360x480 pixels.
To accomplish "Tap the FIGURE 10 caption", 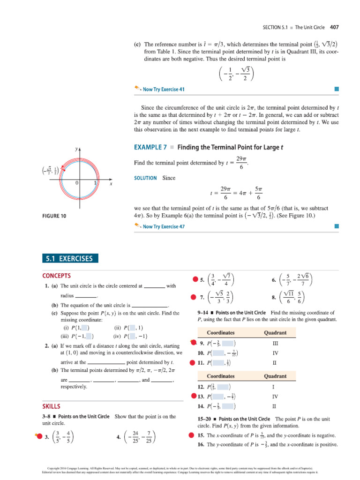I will point(54,216).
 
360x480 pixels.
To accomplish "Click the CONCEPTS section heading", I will point(56,276).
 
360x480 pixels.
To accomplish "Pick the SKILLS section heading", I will point(51,406).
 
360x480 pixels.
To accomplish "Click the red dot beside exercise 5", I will point(195,280).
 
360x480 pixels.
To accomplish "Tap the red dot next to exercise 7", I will point(193,297).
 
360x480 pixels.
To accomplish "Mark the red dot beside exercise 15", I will point(191,435).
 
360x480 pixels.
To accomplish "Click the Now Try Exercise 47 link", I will point(161,226).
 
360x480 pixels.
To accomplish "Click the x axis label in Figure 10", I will point(111,184).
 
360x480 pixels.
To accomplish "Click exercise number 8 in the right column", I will point(273,297).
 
